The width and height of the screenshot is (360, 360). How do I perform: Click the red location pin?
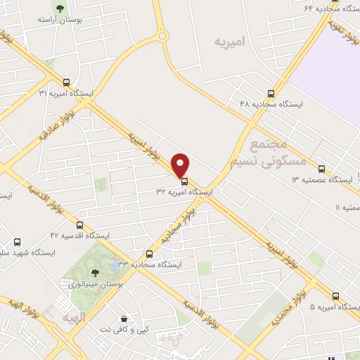[181, 165]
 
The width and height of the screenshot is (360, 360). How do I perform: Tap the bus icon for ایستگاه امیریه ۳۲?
[185, 181]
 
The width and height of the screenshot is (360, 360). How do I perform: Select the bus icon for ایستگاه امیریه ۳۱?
[66, 82]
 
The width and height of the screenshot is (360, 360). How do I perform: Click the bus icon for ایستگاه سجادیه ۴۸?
[271, 94]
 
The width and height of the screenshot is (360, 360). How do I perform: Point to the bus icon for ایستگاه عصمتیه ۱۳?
[321, 169]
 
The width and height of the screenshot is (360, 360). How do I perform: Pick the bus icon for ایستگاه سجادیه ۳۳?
[149, 254]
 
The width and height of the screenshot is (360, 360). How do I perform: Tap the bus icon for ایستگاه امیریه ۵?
[335, 296]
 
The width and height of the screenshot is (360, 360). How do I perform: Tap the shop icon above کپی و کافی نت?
[124, 319]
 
